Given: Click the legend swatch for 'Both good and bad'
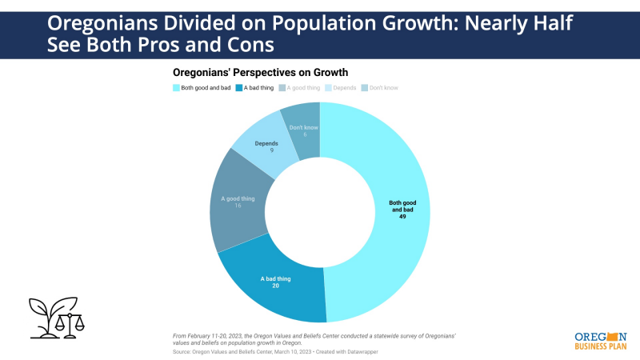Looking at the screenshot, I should point(176,86).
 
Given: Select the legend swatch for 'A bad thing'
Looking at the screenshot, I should point(238,86).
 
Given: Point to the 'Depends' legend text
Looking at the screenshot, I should point(344,86).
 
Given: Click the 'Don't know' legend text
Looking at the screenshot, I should point(383,86).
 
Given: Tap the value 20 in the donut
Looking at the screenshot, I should point(275,286).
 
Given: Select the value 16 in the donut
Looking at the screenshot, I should point(238,206).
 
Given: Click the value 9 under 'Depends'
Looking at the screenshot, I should point(266,150).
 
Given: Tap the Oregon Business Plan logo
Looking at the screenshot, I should point(601,341).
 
